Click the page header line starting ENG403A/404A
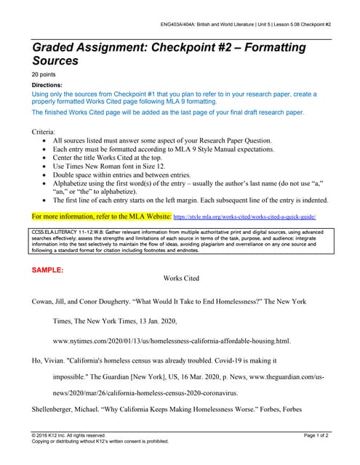[246, 24]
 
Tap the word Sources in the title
[57, 62]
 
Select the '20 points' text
[44, 75]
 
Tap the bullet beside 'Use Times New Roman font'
[48, 166]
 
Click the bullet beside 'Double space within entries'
[48, 174]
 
